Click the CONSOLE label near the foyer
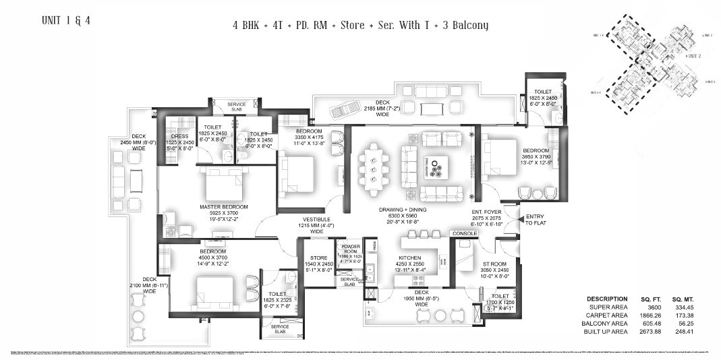pos(465,234)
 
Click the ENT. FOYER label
pos(486,211)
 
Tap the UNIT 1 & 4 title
pos(65,20)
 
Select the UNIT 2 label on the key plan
pos(694,57)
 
